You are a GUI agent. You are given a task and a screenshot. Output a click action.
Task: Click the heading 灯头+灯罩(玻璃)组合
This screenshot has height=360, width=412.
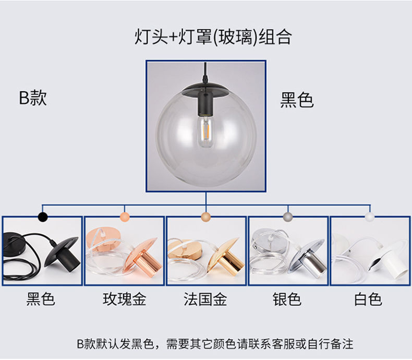click(x=213, y=37)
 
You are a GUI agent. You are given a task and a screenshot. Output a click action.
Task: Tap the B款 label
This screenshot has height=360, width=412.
click(x=33, y=98)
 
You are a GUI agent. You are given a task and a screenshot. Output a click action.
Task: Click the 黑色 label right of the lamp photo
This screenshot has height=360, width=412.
click(x=297, y=100)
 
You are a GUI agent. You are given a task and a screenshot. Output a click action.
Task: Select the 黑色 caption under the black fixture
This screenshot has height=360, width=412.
click(x=41, y=299)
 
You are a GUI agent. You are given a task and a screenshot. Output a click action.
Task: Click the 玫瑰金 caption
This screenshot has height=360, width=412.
click(x=124, y=299)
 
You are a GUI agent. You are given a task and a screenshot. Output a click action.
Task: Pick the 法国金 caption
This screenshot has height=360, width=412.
click(x=205, y=299)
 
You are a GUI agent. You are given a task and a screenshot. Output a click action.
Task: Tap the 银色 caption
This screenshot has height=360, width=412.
click(x=287, y=299)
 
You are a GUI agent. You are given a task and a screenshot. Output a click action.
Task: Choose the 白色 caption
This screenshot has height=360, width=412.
click(x=368, y=299)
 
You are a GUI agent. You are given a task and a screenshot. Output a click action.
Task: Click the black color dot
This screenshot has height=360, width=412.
click(x=43, y=217)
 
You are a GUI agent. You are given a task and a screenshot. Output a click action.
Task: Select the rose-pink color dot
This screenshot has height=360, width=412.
click(x=125, y=217)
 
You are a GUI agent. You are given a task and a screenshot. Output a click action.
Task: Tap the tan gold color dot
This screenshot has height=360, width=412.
click(x=206, y=217)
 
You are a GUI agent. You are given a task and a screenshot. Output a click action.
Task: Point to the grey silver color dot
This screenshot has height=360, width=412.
click(x=288, y=217)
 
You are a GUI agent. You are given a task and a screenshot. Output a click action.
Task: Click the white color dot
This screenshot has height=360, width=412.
click(x=370, y=217)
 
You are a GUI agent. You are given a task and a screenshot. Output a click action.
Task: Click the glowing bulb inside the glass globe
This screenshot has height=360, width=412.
click(x=205, y=131)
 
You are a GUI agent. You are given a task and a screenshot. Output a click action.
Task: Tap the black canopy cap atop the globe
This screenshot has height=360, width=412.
click(x=205, y=90)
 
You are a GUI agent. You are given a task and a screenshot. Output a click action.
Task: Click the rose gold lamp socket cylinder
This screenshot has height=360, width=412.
click(x=146, y=263)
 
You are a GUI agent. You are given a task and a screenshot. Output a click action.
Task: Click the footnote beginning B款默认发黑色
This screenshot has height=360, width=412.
click(x=215, y=344)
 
